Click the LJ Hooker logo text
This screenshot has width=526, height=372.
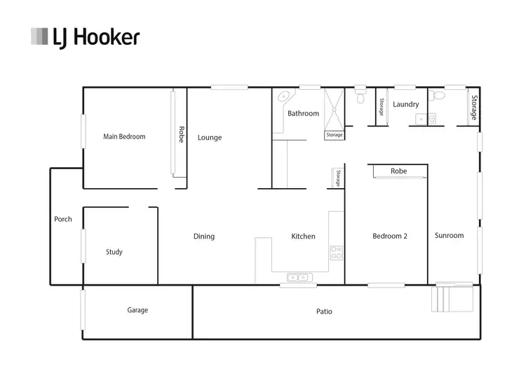[x=96, y=36]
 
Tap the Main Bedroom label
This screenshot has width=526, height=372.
[x=124, y=137]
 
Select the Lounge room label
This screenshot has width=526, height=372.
[x=209, y=138]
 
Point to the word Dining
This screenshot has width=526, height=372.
[x=204, y=237]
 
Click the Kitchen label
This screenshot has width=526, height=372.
[x=303, y=237]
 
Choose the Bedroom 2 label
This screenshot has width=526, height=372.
[x=390, y=237]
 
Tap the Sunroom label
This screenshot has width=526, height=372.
[x=449, y=236]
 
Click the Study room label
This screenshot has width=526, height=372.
[x=114, y=252]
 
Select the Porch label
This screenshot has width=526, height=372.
[x=63, y=220]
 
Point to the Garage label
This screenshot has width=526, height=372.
[x=137, y=310]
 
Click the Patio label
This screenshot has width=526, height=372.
[x=324, y=311]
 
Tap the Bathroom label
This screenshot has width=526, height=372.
[x=303, y=114]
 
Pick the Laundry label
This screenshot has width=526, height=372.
[x=405, y=105]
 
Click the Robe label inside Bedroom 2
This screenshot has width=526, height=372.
[x=398, y=171]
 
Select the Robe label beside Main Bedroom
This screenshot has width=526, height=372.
[x=180, y=134]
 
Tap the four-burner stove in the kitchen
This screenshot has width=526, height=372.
[x=336, y=252]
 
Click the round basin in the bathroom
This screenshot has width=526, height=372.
[x=283, y=98]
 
